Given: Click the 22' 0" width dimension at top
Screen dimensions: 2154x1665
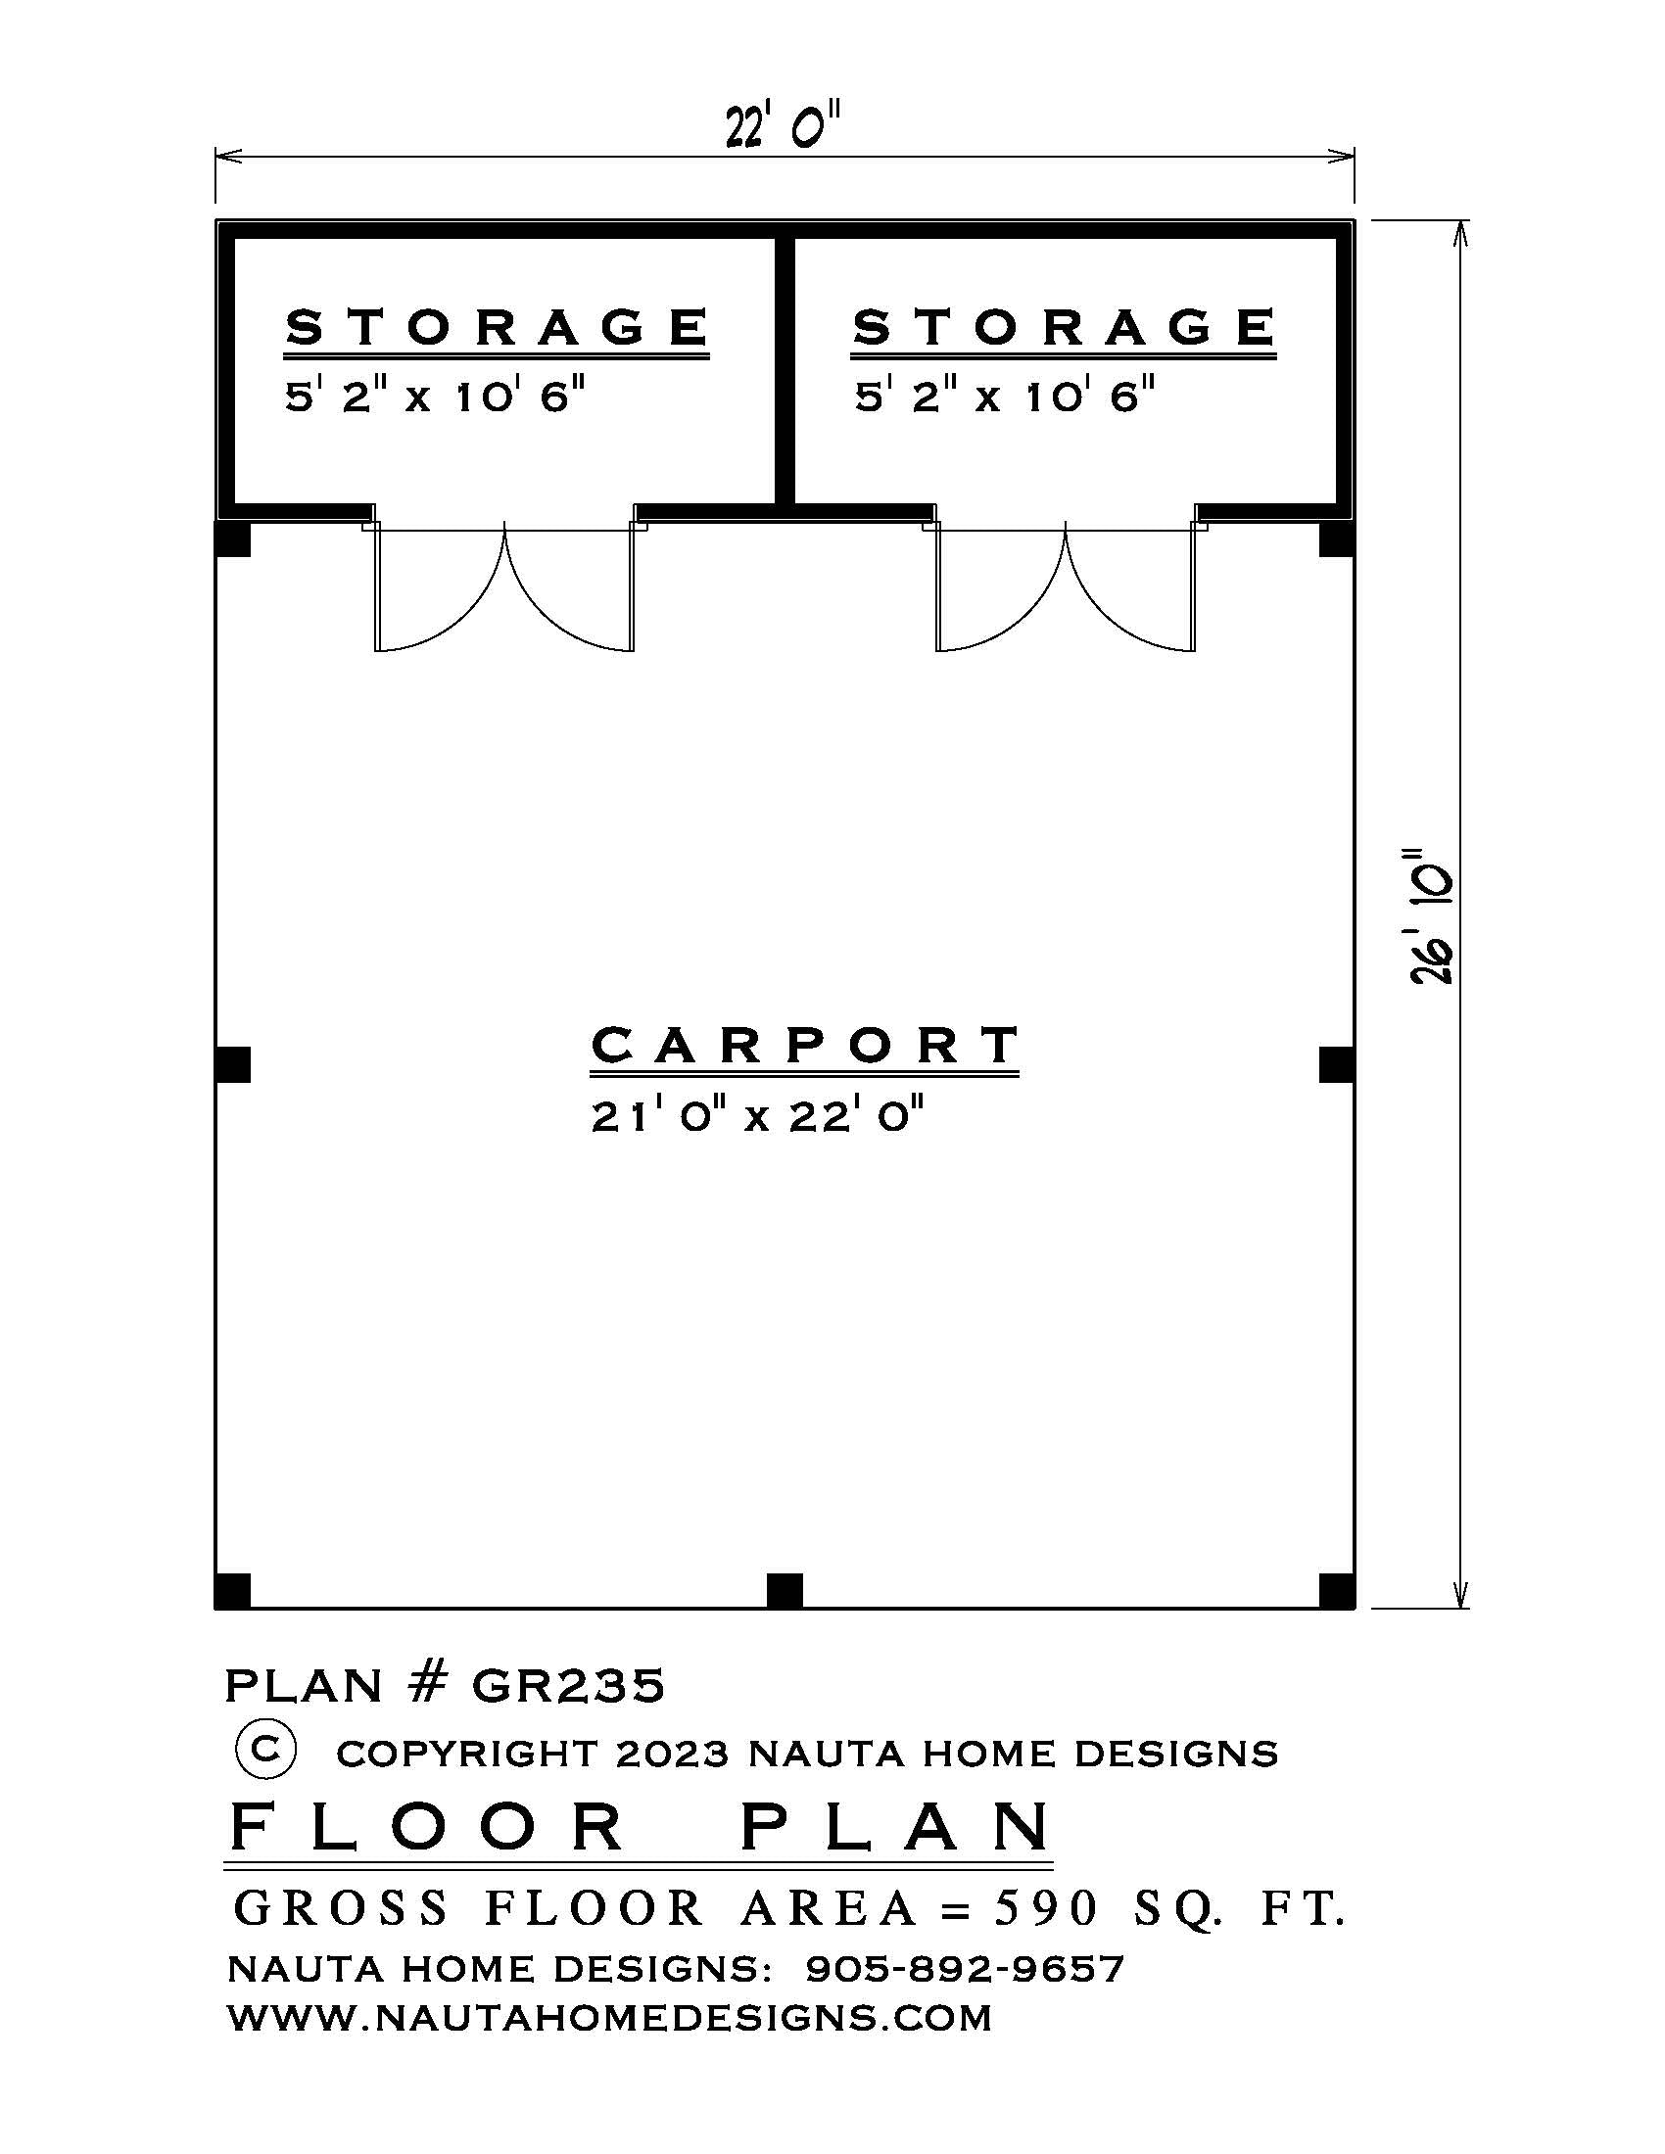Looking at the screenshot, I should click(785, 127).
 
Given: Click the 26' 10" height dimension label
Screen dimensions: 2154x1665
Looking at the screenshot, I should click(1431, 916).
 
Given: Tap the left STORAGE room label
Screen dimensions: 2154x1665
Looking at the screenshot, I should click(498, 327).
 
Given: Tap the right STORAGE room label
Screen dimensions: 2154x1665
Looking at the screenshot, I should click(1065, 327).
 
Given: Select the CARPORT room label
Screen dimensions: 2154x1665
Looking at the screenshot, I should click(805, 1046).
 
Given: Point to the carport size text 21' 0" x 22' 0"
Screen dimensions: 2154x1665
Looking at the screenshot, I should click(757, 1117).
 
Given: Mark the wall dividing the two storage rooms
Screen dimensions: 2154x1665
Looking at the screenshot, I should click(785, 370).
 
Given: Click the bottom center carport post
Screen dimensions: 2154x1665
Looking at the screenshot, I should click(785, 1591).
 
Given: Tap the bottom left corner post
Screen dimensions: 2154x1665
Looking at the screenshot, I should click(233, 1591).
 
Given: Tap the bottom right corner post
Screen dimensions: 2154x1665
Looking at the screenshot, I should click(1337, 1591).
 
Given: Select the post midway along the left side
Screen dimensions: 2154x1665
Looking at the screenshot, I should click(233, 1065).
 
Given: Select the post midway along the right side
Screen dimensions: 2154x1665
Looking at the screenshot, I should click(1337, 1065).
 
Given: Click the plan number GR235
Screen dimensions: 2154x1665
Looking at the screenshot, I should click(568, 1686).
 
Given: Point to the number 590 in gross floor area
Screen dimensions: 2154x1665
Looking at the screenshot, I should click(1045, 1908).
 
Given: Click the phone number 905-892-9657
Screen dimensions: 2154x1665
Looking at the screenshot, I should click(965, 1969).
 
